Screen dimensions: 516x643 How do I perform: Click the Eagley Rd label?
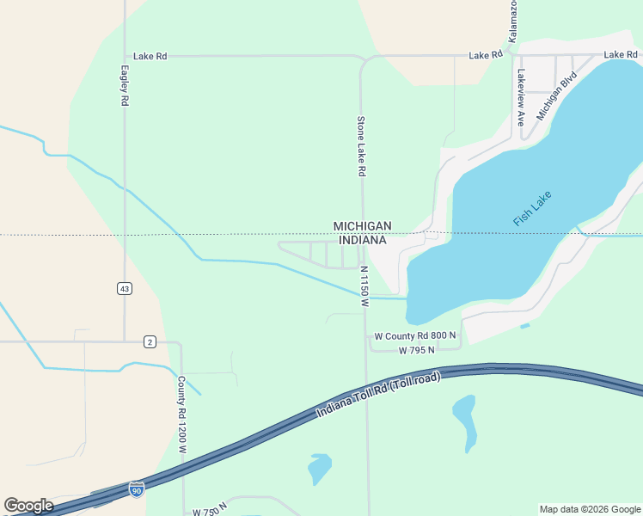click(125, 86)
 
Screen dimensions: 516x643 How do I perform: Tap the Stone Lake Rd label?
click(362, 146)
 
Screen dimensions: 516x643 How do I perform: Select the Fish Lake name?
click(532, 208)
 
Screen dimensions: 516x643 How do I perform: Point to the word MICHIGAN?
click(362, 226)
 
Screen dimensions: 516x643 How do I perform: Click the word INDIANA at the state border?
click(362, 240)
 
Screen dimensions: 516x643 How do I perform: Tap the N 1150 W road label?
click(364, 286)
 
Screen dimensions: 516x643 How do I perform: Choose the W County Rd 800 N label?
click(415, 335)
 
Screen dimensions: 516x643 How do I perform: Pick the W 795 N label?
click(417, 350)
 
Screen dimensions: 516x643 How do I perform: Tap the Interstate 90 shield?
click(136, 488)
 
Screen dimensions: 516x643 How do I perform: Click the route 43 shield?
click(126, 289)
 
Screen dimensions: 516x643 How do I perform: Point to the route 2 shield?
click(150, 342)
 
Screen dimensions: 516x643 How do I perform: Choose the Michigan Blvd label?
click(557, 95)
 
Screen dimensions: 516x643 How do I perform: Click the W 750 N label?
click(210, 511)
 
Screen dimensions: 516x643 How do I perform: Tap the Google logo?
click(28, 506)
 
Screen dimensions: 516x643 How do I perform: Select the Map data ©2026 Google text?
click(590, 509)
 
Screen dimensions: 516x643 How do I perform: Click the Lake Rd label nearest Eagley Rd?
click(150, 56)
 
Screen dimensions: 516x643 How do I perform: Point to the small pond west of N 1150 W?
click(319, 469)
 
